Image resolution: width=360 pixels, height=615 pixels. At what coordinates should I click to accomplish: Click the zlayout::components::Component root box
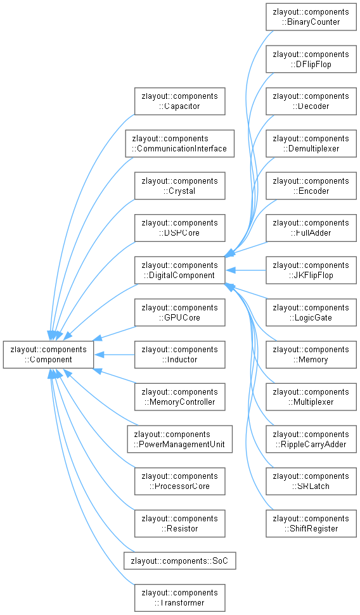coord(48,355)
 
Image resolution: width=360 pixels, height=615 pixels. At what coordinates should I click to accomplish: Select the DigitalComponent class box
coord(180,270)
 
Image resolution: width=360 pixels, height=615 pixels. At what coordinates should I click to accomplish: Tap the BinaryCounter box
coord(311,17)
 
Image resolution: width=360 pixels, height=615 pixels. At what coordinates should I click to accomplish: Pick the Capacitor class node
coord(180,101)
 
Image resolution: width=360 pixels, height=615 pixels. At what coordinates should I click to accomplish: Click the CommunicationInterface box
coord(180,144)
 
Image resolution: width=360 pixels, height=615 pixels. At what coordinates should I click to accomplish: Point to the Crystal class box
coord(180,186)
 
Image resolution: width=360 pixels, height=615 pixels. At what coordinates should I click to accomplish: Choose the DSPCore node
coord(180,228)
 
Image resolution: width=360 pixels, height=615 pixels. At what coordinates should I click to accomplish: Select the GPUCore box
coord(180,312)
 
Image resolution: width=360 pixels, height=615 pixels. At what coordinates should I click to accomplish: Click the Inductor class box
coord(180,355)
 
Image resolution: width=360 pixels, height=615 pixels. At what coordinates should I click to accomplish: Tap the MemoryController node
coord(180,397)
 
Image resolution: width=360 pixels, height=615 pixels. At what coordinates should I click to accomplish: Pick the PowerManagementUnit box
coord(180,440)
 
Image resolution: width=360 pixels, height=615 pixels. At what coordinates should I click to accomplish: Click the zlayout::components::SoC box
coord(180,561)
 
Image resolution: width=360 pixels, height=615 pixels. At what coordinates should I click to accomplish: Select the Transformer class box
coord(180,598)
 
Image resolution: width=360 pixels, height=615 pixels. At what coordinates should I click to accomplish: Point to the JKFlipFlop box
coord(311,270)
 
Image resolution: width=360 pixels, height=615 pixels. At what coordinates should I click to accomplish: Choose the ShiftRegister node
coord(311,524)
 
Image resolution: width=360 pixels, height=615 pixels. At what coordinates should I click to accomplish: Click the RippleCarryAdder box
coord(311,440)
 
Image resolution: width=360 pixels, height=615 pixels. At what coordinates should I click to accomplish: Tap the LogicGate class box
coord(311,312)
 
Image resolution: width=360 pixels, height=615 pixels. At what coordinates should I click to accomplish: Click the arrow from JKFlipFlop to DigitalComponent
coord(246,270)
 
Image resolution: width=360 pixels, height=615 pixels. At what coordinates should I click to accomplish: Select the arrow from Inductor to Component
coord(114,355)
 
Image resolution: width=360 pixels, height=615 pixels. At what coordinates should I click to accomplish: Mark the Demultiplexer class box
coord(311,144)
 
